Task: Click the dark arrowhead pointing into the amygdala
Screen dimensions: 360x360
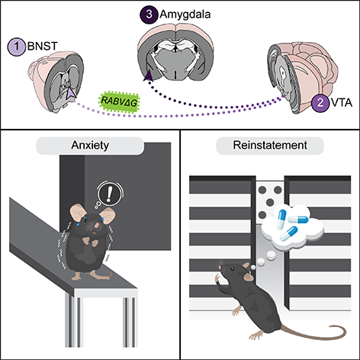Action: (x=146, y=74)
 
